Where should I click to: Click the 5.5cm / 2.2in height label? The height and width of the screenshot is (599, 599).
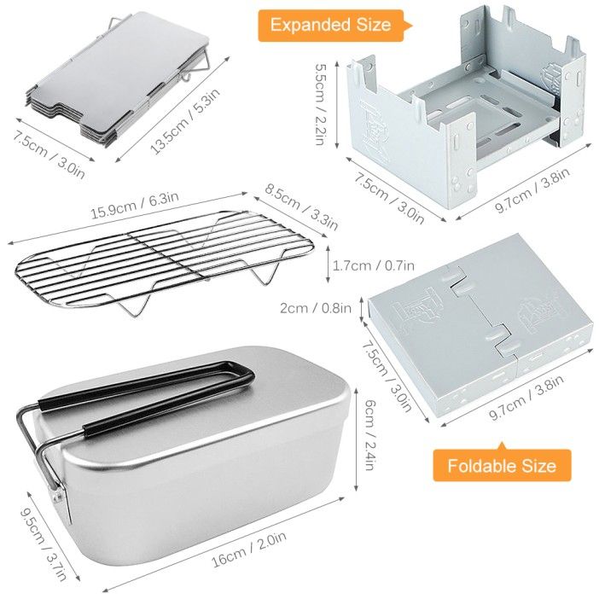320,104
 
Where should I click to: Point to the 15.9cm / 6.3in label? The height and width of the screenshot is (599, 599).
135,205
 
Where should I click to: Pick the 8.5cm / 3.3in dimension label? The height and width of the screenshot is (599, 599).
301,208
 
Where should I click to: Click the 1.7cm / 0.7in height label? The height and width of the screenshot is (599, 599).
373,265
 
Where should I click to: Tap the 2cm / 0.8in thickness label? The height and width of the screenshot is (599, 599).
316,308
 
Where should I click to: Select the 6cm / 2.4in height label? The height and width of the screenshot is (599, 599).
369,434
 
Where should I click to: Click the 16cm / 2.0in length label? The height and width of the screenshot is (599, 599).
249,549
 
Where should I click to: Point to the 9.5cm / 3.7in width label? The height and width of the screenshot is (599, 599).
44,544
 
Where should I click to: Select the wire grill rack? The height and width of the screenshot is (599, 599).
165,264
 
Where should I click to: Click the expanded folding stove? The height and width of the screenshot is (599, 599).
466,111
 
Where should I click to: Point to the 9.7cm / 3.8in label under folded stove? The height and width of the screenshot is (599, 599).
526,398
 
